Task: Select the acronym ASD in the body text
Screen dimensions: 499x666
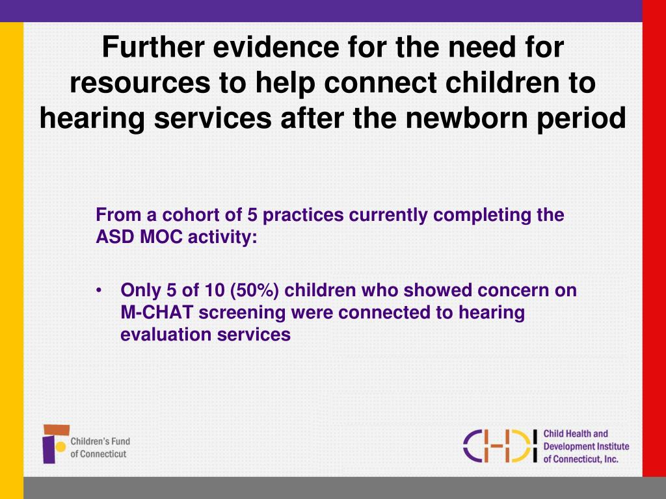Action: point(112,237)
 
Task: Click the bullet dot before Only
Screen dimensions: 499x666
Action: point(98,290)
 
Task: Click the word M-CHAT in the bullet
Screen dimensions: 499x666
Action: point(157,313)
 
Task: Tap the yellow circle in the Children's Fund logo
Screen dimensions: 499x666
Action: point(60,446)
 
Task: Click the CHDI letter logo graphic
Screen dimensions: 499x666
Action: point(501,445)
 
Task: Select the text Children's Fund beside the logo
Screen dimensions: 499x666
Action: point(101,441)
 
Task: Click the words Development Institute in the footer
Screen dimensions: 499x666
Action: point(586,446)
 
